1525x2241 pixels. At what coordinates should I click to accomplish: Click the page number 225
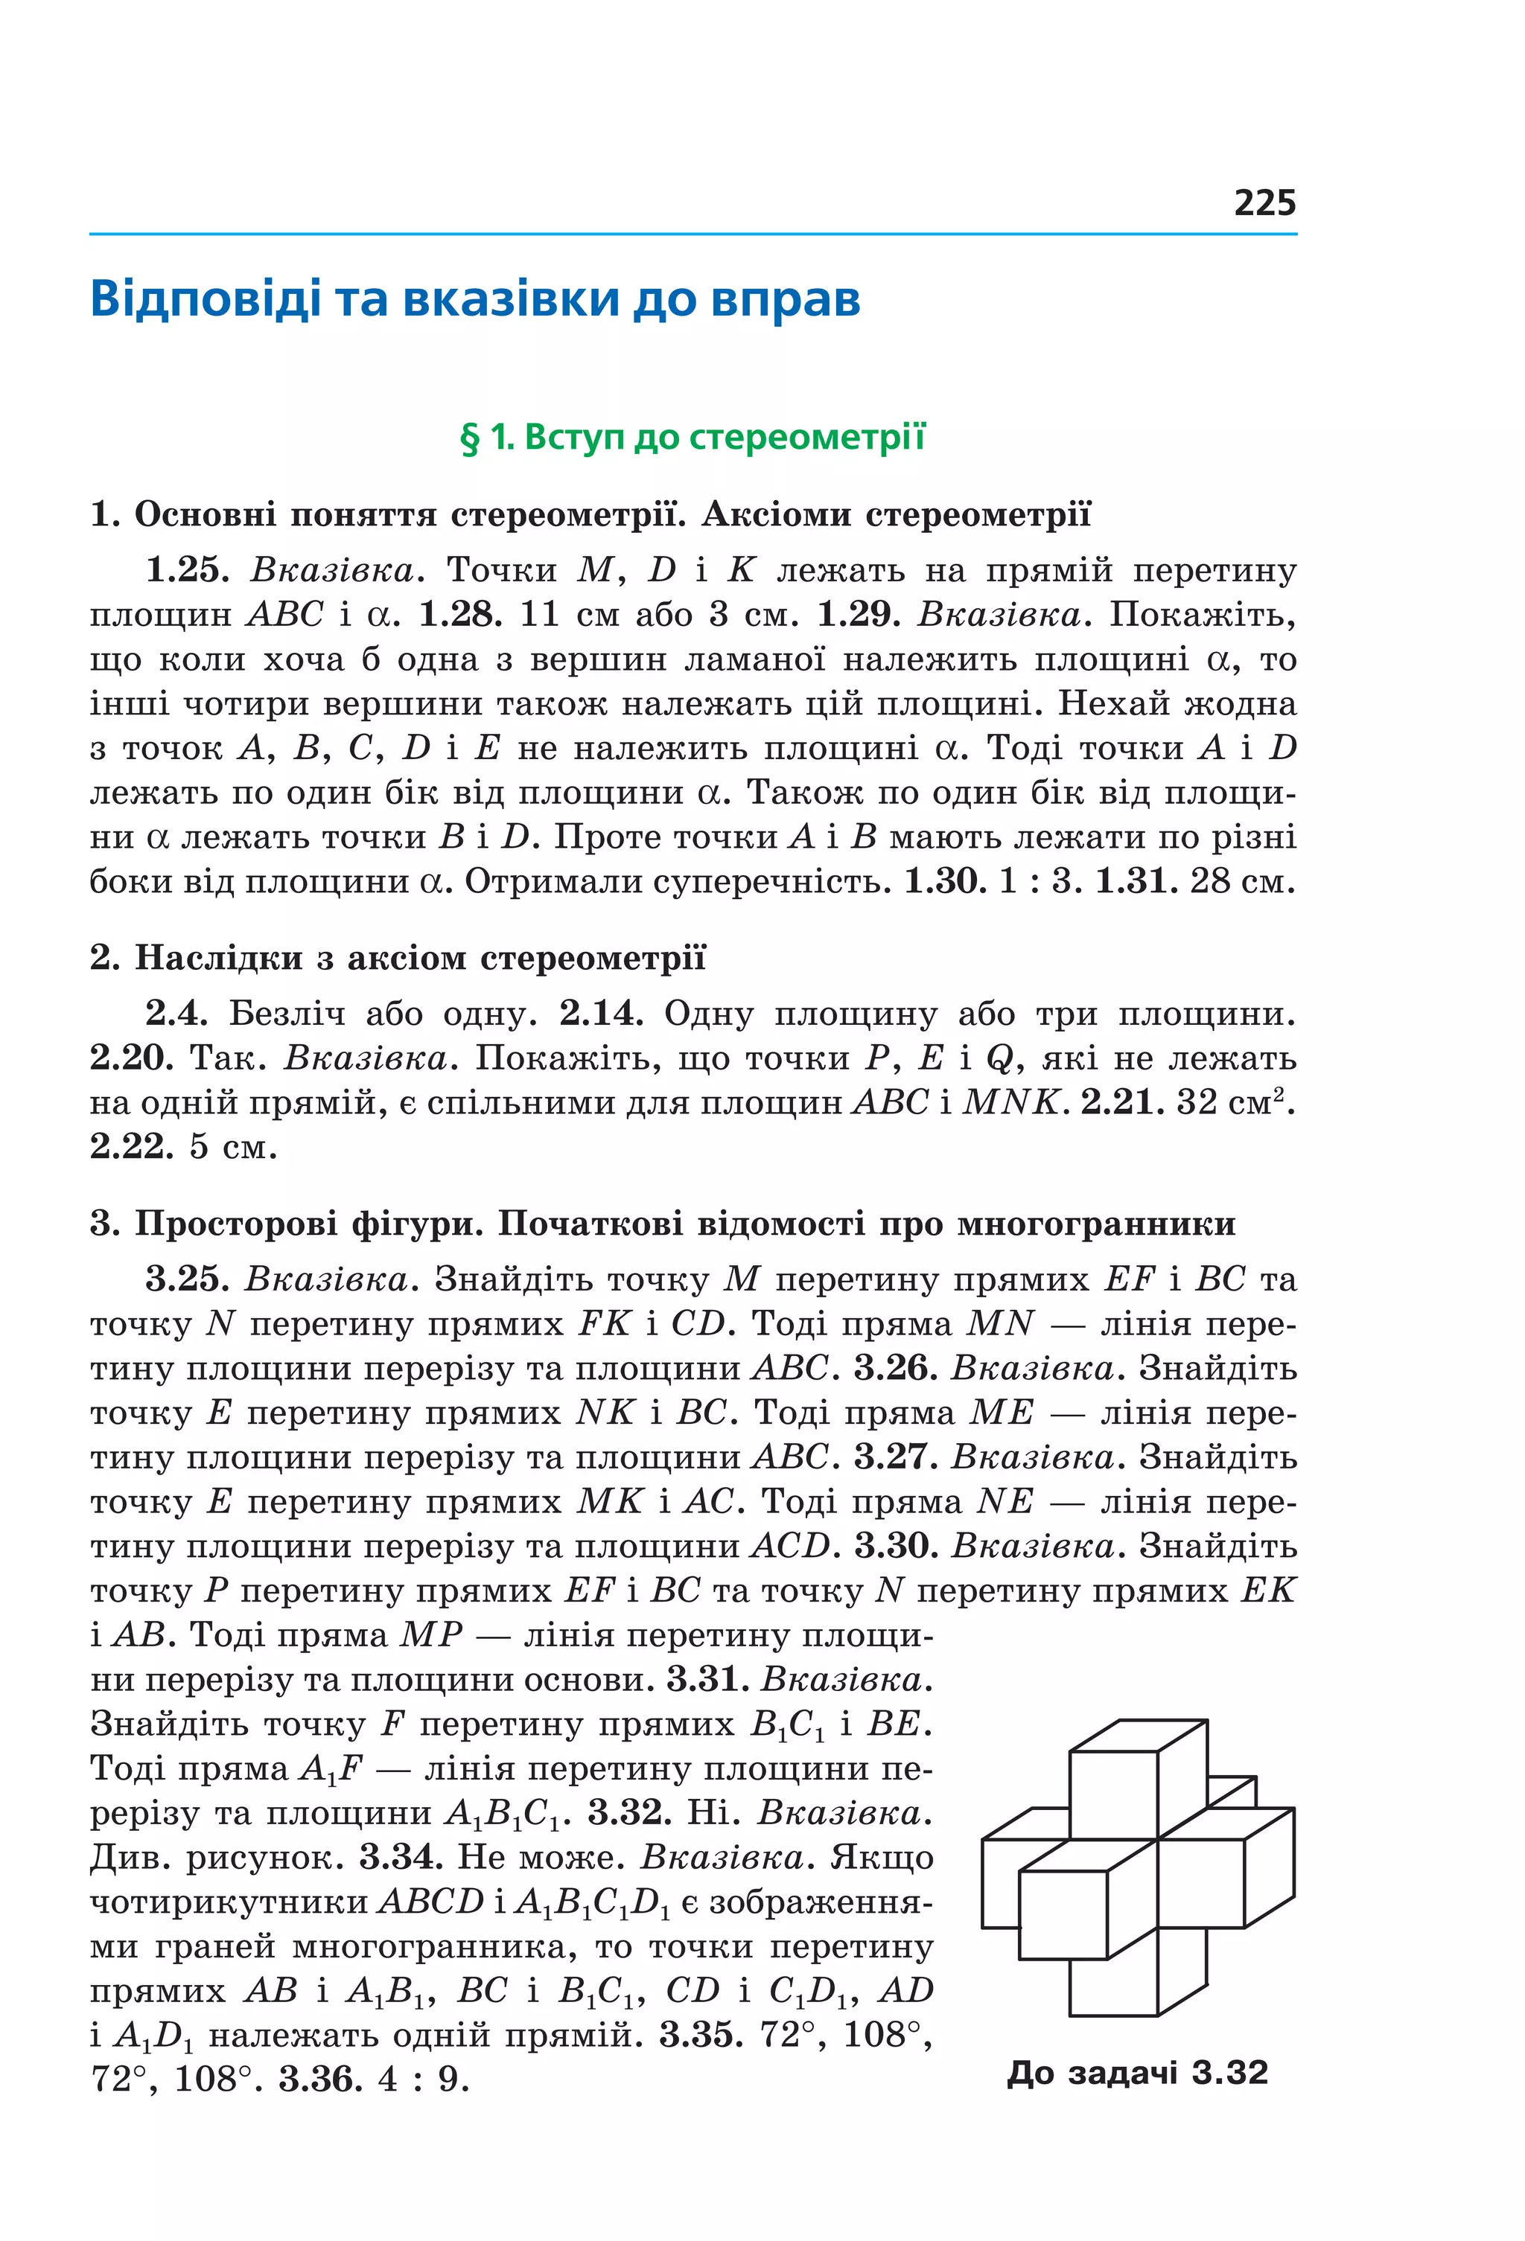pos(1264,202)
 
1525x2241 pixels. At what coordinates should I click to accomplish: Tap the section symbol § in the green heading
pos(470,438)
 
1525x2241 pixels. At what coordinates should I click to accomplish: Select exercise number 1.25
pos(187,570)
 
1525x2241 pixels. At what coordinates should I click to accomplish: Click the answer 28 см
pos(1241,880)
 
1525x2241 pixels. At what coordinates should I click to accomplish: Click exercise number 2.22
pos(132,1146)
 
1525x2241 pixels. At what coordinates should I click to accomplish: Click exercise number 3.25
pos(187,1279)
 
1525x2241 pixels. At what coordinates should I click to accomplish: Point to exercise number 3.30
pos(896,1546)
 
